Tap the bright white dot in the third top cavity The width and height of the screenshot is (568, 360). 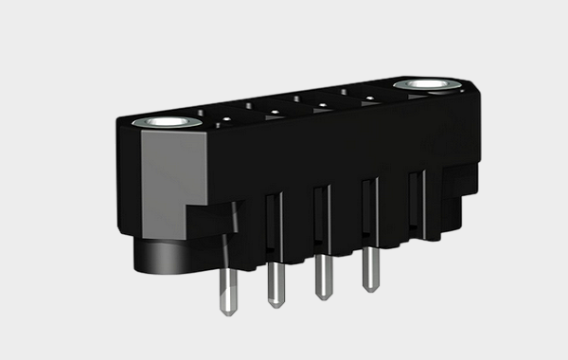pos(321,101)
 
